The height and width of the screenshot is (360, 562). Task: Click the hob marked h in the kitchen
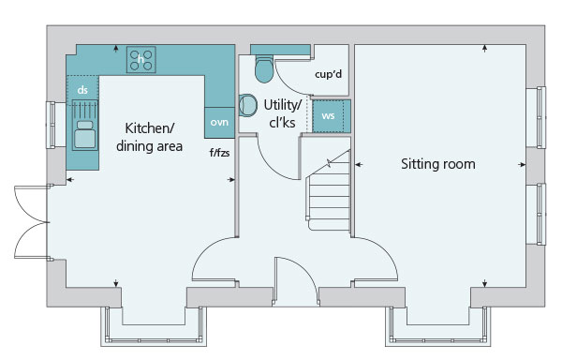140,59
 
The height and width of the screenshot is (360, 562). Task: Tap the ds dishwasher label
82,90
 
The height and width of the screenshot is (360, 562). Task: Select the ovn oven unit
220,122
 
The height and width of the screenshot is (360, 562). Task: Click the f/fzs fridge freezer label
219,153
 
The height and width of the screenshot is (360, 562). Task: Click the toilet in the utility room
264,68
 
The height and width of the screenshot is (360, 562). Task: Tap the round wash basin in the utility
248,105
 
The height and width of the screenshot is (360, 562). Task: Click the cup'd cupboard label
329,74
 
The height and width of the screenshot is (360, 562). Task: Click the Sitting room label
438,164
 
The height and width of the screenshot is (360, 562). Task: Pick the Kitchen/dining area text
149,137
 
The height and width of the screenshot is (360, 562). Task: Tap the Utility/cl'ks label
283,113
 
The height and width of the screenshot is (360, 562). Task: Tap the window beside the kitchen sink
51,125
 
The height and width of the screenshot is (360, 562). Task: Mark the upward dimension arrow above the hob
116,49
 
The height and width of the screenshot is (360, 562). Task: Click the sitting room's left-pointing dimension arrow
359,165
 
